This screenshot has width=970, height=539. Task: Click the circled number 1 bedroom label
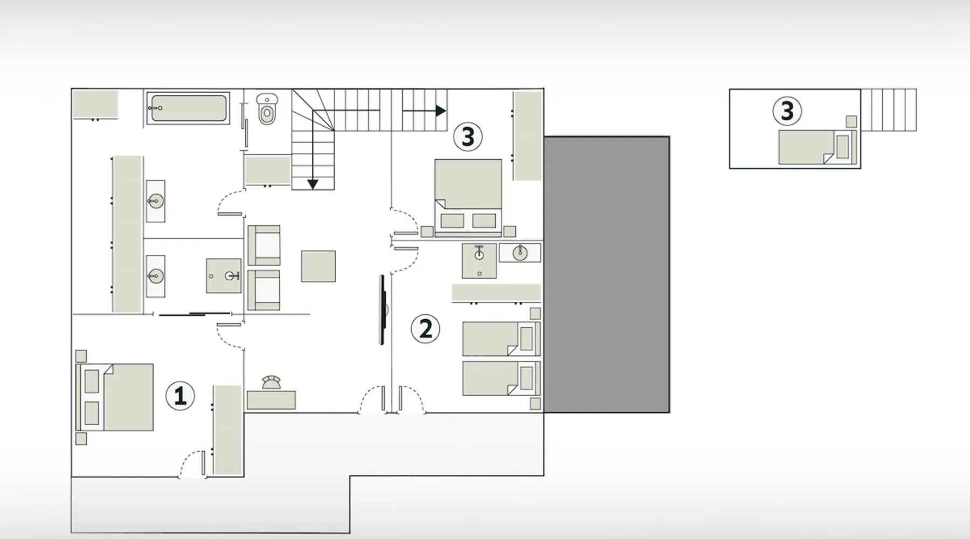(180, 396)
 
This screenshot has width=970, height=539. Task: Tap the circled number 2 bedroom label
(425, 329)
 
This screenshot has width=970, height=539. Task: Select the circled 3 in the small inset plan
(787, 111)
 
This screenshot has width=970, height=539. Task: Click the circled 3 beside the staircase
(468, 137)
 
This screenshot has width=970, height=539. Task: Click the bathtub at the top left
(189, 108)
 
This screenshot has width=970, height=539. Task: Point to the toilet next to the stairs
(267, 109)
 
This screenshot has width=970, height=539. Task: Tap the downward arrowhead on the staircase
(313, 184)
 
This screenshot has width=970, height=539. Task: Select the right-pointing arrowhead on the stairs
(441, 111)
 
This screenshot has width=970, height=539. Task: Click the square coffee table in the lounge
(318, 266)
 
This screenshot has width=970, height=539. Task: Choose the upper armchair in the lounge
(264, 245)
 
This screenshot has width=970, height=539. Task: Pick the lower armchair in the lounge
(264, 290)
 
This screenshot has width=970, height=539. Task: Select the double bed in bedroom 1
(115, 397)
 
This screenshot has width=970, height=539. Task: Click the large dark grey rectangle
(607, 275)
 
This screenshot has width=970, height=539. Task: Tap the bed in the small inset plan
(817, 147)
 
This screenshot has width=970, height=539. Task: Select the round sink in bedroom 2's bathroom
(520, 253)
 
